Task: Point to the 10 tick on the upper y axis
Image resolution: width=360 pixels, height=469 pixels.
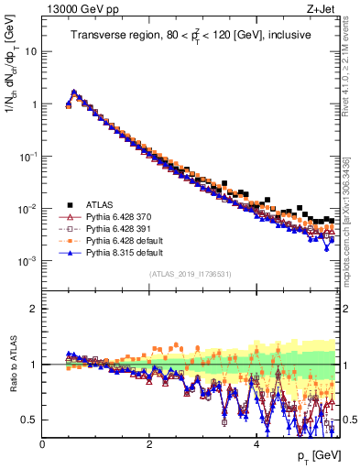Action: click(30, 51)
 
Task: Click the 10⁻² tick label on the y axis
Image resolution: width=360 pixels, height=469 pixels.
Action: click(27, 209)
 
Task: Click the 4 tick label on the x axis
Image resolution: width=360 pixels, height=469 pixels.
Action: click(256, 443)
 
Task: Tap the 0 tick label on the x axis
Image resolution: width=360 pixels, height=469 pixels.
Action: click(42, 443)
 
